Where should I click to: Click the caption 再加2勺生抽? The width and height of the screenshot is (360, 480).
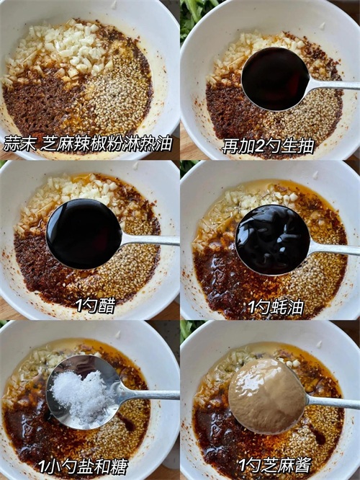pos(268,146)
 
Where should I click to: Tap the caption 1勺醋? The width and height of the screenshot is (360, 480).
pos(96,305)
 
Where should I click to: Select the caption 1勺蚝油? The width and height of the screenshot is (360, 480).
pos(276,307)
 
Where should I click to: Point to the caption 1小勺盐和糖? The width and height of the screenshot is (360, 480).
pos(83,466)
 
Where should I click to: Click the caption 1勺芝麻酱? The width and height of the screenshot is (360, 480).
pos(274,466)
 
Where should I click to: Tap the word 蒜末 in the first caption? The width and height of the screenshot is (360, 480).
pos(19,143)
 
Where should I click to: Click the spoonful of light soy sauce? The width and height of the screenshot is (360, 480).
pos(276,79)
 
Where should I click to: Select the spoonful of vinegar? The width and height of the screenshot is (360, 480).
pos(84,234)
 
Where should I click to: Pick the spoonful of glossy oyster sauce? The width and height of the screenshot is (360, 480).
pos(273,240)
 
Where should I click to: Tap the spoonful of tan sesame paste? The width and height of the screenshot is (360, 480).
pos(267,396)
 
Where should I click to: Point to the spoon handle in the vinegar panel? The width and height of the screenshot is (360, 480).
pos(150,240)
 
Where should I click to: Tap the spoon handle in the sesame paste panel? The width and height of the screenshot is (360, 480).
pos(333,402)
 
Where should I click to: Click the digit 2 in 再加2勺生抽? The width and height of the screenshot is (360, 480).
pos(258,146)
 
